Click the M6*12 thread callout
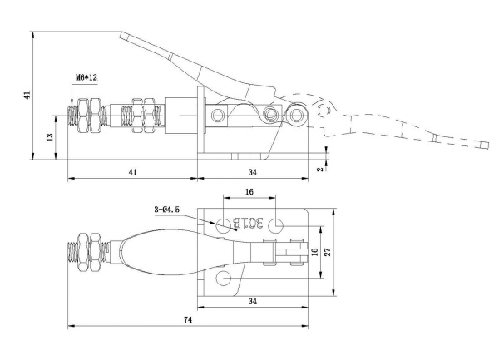[86, 77]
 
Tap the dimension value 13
[50, 137]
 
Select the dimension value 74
[188, 319]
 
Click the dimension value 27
[329, 252]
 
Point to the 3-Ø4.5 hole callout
[167, 210]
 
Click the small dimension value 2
[320, 169]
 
